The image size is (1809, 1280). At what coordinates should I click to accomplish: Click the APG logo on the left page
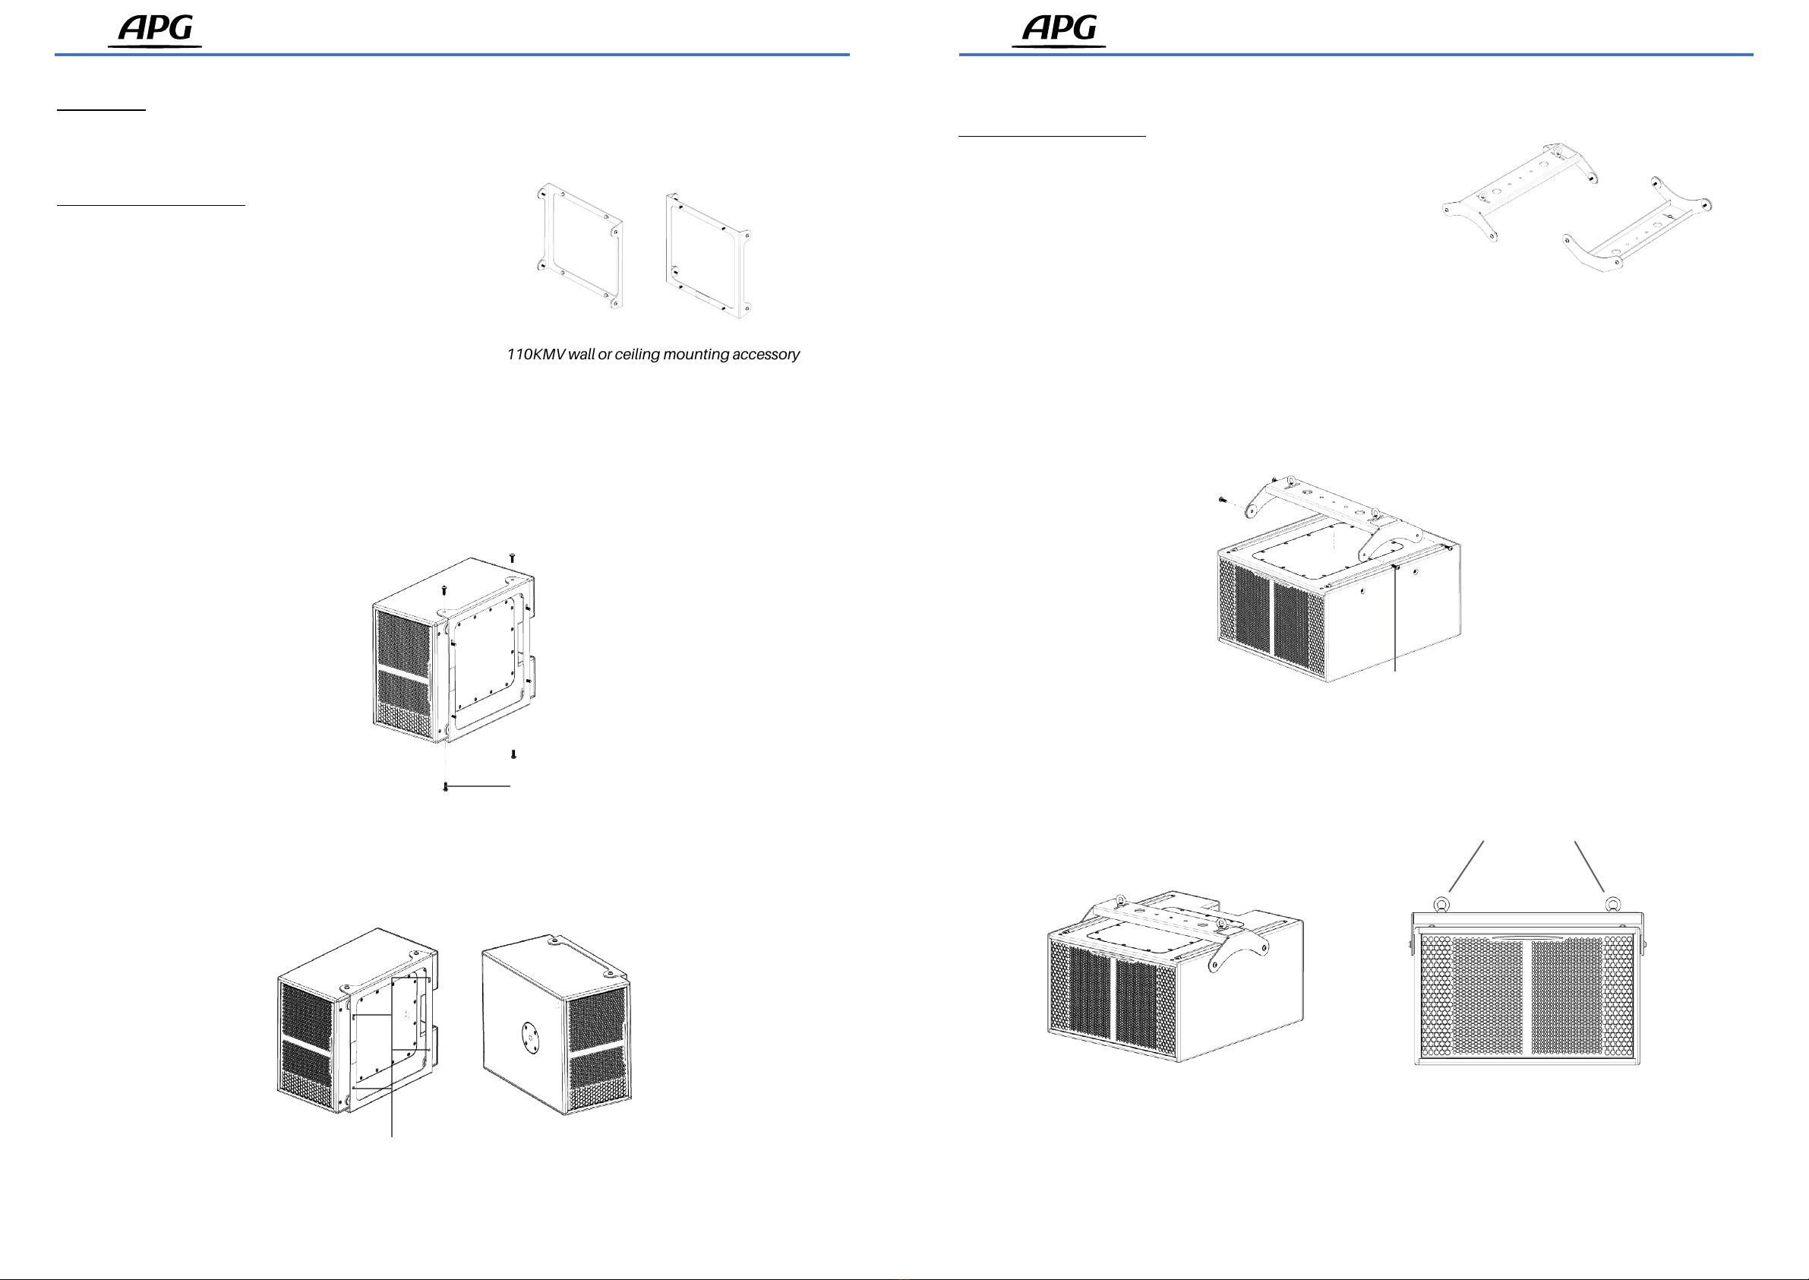tap(155, 30)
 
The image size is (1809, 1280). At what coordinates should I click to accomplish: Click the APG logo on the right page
tap(1059, 30)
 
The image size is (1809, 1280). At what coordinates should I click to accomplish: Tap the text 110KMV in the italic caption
tap(535, 355)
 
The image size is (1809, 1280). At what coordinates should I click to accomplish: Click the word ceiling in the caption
tap(636, 355)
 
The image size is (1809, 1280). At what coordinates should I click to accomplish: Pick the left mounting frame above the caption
tap(580, 246)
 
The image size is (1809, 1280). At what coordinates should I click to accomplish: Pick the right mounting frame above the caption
tap(708, 256)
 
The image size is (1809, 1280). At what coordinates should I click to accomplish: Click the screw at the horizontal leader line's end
tap(445, 786)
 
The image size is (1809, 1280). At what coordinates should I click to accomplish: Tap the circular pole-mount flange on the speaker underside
tap(531, 1040)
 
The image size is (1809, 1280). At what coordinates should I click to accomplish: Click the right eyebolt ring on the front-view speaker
tap(1612, 903)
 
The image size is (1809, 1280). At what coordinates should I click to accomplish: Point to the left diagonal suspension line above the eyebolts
tap(1466, 867)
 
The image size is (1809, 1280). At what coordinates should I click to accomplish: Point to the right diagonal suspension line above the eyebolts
tap(1590, 867)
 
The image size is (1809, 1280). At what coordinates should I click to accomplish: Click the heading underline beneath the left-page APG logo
tap(451, 55)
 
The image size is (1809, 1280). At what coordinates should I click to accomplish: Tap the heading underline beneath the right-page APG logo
tap(1355, 55)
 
